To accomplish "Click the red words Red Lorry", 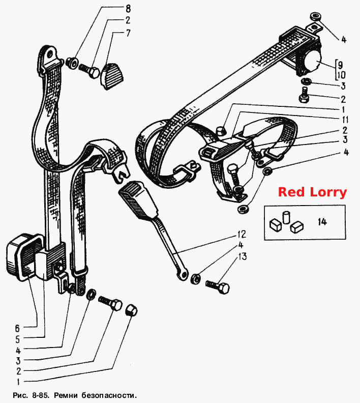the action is click(312, 192).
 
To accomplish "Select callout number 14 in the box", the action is click(322, 221).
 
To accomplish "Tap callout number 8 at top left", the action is click(128, 9).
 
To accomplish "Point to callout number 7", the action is click(128, 34).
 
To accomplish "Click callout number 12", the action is click(242, 234).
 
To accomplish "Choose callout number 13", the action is click(243, 256).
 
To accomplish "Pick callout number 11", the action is click(345, 120).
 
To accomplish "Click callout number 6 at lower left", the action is click(17, 328).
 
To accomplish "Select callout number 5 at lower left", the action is click(17, 339).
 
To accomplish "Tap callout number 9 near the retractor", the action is click(340, 64).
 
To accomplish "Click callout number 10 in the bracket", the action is click(342, 75).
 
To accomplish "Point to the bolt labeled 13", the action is click(218, 286).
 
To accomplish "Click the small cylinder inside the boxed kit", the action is click(286, 217).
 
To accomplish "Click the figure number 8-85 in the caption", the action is click(39, 395).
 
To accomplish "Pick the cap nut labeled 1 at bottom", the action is click(131, 310).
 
